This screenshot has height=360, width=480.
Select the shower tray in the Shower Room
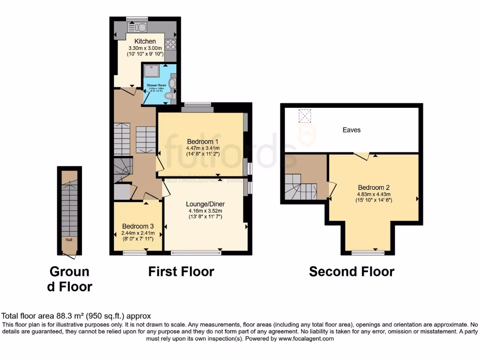click(152, 71)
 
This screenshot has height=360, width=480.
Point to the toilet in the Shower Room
click(169, 95)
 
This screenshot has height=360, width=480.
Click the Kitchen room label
click(145, 41)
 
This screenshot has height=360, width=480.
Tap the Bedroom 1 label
click(203, 141)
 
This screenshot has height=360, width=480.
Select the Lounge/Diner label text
click(205, 204)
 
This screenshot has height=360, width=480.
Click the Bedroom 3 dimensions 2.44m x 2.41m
click(138, 232)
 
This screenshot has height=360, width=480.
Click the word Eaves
click(351, 130)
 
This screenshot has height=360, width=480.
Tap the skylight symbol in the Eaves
click(305, 115)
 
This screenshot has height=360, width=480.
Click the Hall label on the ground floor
click(69, 240)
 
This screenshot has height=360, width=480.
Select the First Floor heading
click(181, 271)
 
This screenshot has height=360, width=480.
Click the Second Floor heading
click(352, 271)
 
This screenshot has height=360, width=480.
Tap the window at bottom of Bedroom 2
click(368, 253)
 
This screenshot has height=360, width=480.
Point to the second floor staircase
click(300, 187)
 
